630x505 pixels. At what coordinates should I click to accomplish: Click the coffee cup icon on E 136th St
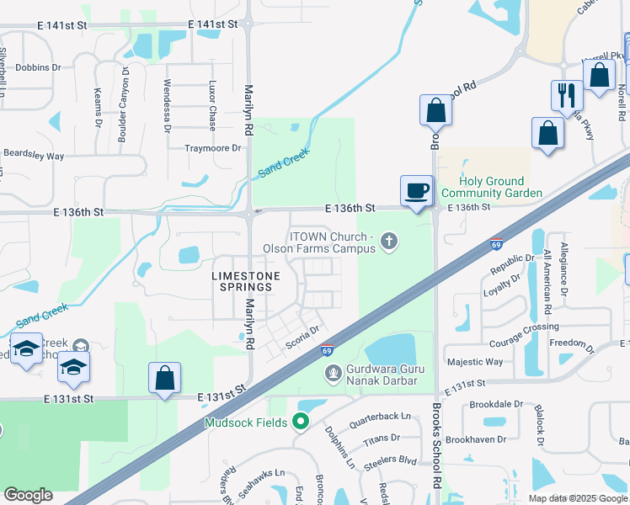416,190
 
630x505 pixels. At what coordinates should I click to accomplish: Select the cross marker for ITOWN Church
388,242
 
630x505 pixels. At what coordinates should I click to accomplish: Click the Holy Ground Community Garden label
492,187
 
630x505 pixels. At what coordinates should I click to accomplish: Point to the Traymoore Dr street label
213,148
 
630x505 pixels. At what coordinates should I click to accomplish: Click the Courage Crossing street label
525,328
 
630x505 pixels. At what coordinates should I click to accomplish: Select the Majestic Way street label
474,362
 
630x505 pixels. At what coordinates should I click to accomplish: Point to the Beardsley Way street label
34,156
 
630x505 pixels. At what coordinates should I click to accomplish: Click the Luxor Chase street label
212,100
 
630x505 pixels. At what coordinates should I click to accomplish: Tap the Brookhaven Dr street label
476,439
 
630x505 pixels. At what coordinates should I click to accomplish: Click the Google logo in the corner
28,495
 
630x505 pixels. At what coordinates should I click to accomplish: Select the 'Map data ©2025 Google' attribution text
577,498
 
